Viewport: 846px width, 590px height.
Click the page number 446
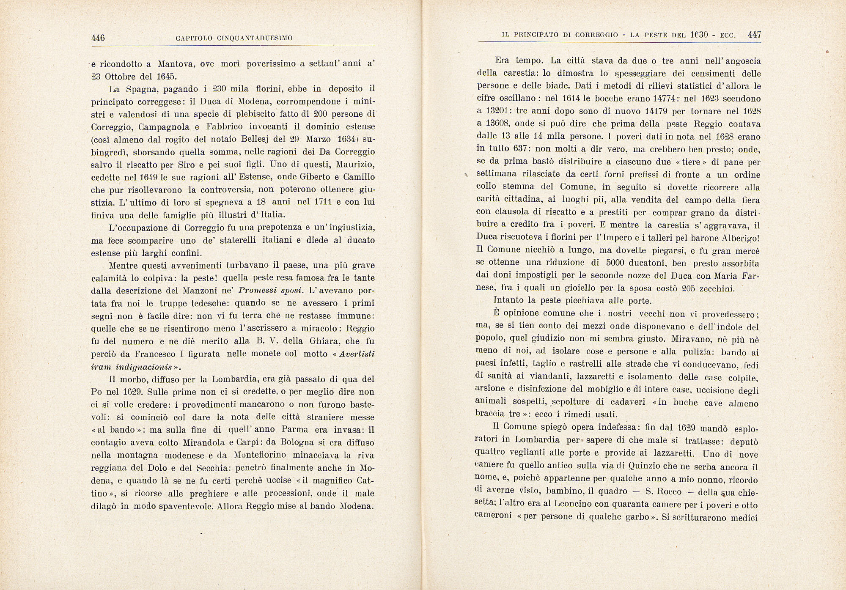(x=98, y=38)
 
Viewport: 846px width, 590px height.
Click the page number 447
(x=754, y=35)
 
